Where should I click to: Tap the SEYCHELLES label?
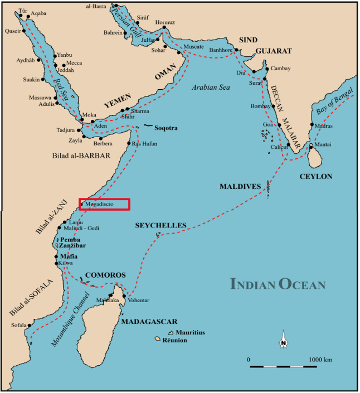pyautogui.click(x=160, y=226)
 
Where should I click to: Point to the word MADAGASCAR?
pyautogui.click(x=149, y=322)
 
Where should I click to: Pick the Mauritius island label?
pyautogui.click(x=190, y=333)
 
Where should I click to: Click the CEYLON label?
pyautogui.click(x=315, y=177)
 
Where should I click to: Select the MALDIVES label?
pyautogui.click(x=240, y=186)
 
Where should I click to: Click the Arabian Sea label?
pyautogui.click(x=211, y=87)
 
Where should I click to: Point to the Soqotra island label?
pyautogui.click(x=166, y=128)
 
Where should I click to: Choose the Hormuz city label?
pyautogui.click(x=165, y=22)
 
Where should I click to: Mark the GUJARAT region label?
pyautogui.click(x=274, y=51)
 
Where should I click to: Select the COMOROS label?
pyautogui.click(x=105, y=275)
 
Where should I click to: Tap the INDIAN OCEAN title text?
pyautogui.click(x=278, y=284)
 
